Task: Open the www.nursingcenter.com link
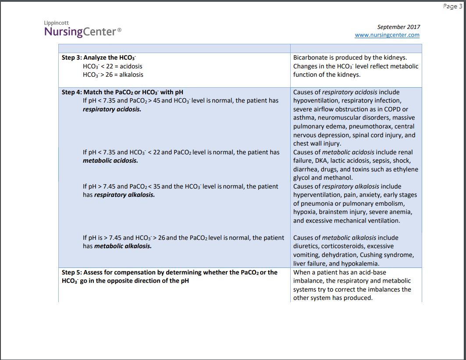[x=387, y=35]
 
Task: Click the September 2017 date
[x=398, y=27]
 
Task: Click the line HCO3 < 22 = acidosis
[x=112, y=66]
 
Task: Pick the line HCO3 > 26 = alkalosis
[x=113, y=75]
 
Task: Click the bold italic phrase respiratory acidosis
[x=112, y=109]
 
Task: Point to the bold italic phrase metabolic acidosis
[x=110, y=160]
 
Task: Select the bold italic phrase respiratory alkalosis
[x=125, y=195]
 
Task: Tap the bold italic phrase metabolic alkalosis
[x=123, y=246]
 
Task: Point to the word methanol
[x=338, y=178]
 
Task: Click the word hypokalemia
[x=360, y=264]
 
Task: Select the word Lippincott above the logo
[x=56, y=22]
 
